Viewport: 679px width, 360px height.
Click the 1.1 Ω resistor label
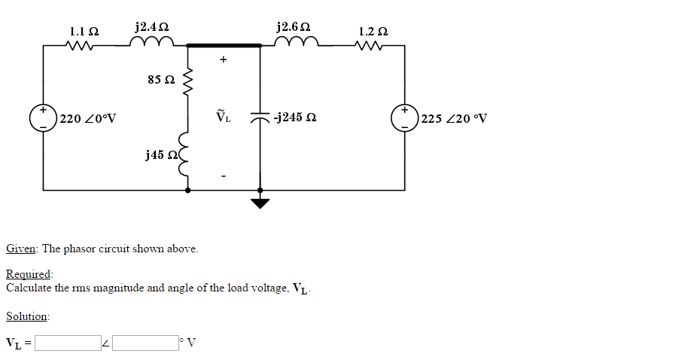point(84,32)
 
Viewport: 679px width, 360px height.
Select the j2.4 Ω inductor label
point(151,27)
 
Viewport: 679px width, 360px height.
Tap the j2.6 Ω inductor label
point(293,27)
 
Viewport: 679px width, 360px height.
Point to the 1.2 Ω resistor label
point(373,32)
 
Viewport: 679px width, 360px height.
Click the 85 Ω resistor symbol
point(188,79)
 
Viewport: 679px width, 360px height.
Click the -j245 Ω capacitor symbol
point(260,117)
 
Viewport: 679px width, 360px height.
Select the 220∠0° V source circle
point(44,118)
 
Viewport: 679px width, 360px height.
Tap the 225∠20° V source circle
point(405,118)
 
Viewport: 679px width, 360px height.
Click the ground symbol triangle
point(260,203)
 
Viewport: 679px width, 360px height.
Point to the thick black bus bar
point(224,45)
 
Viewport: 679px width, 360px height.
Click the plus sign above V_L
point(224,60)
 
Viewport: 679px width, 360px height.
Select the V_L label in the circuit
point(224,117)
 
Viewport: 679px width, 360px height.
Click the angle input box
point(145,343)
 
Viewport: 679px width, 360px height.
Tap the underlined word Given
point(22,249)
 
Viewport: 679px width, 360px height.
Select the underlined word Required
point(28,274)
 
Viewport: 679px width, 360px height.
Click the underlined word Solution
point(27,316)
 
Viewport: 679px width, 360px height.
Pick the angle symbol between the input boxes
point(106,344)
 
